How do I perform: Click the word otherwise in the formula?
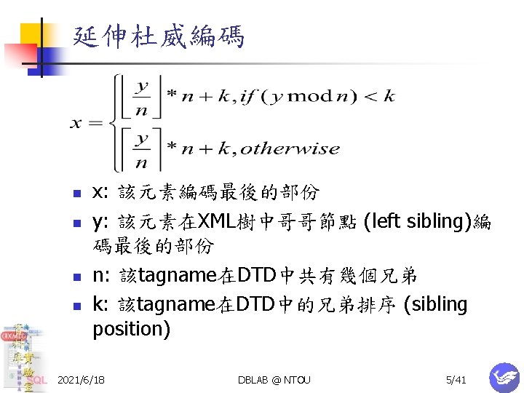290,149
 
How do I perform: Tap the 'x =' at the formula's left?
86,123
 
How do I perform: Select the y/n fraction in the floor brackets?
143,96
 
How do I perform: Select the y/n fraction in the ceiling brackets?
143,148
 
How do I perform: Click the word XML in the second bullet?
218,221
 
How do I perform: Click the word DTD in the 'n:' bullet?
255,276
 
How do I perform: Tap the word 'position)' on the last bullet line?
131,329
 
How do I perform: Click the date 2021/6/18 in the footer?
80,380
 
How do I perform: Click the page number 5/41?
456,380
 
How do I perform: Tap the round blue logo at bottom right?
503,377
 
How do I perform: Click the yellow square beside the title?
32,34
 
